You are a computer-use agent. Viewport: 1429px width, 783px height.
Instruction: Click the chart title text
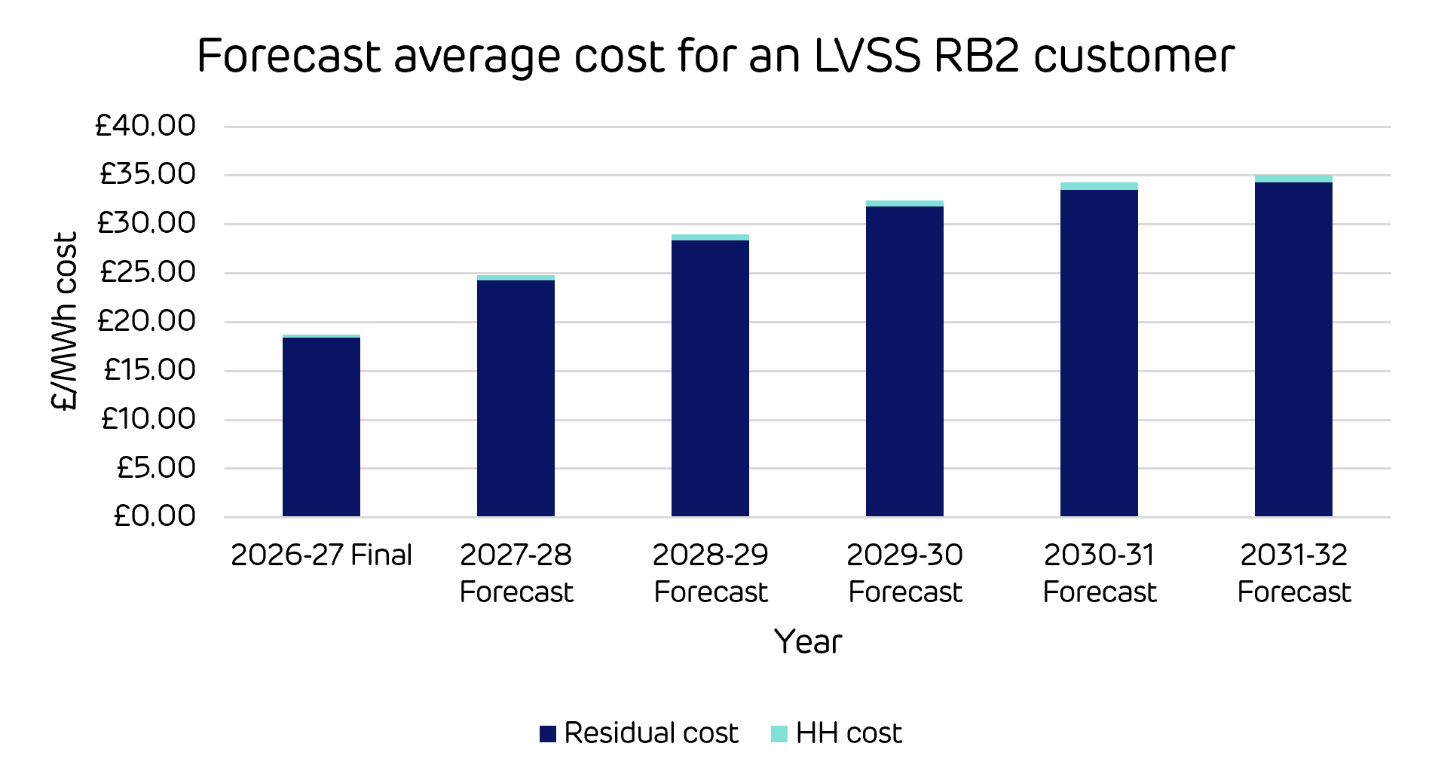715,56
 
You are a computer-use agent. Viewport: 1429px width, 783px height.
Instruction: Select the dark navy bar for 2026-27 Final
321,427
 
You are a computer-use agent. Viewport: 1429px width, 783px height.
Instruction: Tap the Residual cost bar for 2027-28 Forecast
516,398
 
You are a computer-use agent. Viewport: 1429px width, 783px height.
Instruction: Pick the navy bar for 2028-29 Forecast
710,378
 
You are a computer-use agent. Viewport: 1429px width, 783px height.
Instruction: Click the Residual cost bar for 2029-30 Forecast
904,361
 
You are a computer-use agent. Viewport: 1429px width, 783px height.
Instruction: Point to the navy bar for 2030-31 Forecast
1099,353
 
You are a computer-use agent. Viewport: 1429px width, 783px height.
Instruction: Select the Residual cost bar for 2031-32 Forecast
1293,349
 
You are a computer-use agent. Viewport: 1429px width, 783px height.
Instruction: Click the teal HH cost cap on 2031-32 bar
1293,179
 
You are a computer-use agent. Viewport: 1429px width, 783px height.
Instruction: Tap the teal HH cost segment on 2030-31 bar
1099,186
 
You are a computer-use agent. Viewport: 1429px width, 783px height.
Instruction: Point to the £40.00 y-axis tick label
145,125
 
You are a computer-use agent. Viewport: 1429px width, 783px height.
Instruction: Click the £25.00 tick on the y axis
148,272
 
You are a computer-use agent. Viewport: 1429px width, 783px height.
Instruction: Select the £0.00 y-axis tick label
155,516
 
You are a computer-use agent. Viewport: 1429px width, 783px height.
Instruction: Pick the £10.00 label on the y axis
148,418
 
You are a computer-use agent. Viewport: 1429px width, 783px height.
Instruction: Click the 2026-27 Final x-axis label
322,555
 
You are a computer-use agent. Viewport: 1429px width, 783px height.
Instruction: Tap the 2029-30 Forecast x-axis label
905,573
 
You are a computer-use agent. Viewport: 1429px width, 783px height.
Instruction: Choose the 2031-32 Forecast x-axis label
1294,573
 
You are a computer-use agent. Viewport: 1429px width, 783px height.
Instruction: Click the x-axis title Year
808,642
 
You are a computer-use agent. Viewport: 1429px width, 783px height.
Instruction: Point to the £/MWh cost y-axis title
65,321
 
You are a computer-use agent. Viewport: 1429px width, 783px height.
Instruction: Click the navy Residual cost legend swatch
548,733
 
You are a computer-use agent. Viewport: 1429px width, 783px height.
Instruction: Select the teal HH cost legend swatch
779,733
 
